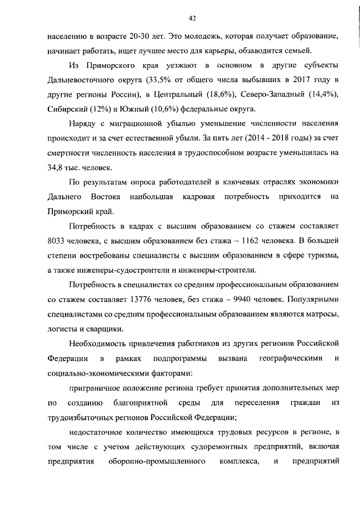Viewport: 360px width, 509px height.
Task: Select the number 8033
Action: pos(58,242)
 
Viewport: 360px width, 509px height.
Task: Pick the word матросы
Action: pos(319,315)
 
